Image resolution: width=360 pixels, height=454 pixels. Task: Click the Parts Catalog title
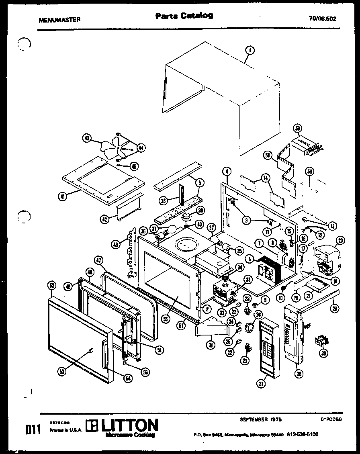point(184,16)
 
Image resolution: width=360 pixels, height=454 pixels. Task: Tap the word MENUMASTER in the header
point(59,19)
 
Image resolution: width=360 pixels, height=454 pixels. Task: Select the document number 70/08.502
point(323,18)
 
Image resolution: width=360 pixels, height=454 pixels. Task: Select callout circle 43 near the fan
point(86,138)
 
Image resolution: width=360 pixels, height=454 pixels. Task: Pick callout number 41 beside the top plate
point(62,196)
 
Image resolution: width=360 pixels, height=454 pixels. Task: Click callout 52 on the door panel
point(51,285)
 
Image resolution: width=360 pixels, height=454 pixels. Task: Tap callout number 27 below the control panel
point(262,384)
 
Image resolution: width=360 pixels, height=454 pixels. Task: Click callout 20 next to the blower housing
point(340,241)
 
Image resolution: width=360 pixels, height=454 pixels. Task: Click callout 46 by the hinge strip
point(115,243)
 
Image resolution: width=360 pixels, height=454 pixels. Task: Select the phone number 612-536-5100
point(302,434)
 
